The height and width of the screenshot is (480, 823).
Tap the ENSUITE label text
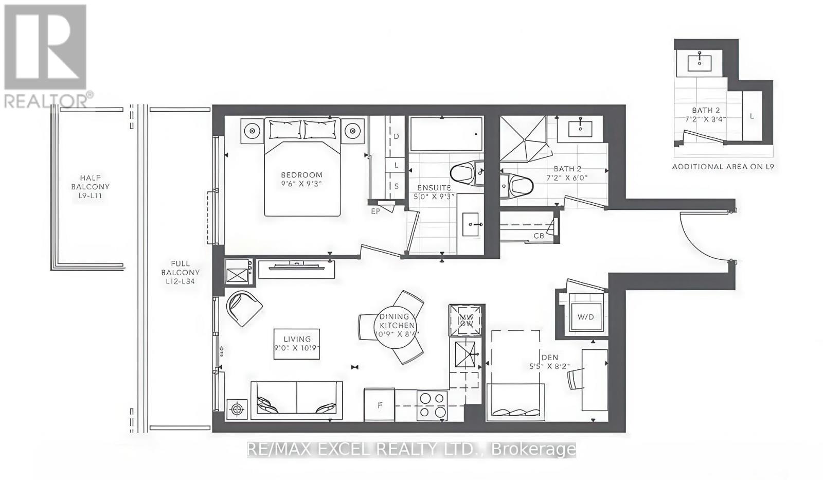pyautogui.click(x=434, y=188)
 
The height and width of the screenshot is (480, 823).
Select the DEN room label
pyautogui.click(x=549, y=358)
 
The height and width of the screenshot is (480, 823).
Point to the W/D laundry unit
pyautogui.click(x=585, y=317)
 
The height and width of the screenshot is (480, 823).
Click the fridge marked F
pyautogui.click(x=380, y=405)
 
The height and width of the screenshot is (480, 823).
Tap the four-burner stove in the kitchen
pyautogui.click(x=432, y=405)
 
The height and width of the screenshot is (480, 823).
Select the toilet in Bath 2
pyautogui.click(x=518, y=185)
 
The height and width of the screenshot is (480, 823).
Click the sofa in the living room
pyautogui.click(x=296, y=398)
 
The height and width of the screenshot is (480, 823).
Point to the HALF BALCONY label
pyautogui.click(x=91, y=187)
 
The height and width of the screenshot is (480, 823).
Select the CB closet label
pyautogui.click(x=539, y=236)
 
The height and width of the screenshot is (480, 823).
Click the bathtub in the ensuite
pyautogui.click(x=445, y=134)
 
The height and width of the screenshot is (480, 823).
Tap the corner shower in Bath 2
pyautogui.click(x=524, y=138)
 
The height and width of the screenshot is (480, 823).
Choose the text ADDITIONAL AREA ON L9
pyautogui.click(x=723, y=167)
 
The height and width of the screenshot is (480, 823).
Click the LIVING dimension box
pyautogui.click(x=297, y=344)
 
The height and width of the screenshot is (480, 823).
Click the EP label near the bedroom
pyautogui.click(x=375, y=211)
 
